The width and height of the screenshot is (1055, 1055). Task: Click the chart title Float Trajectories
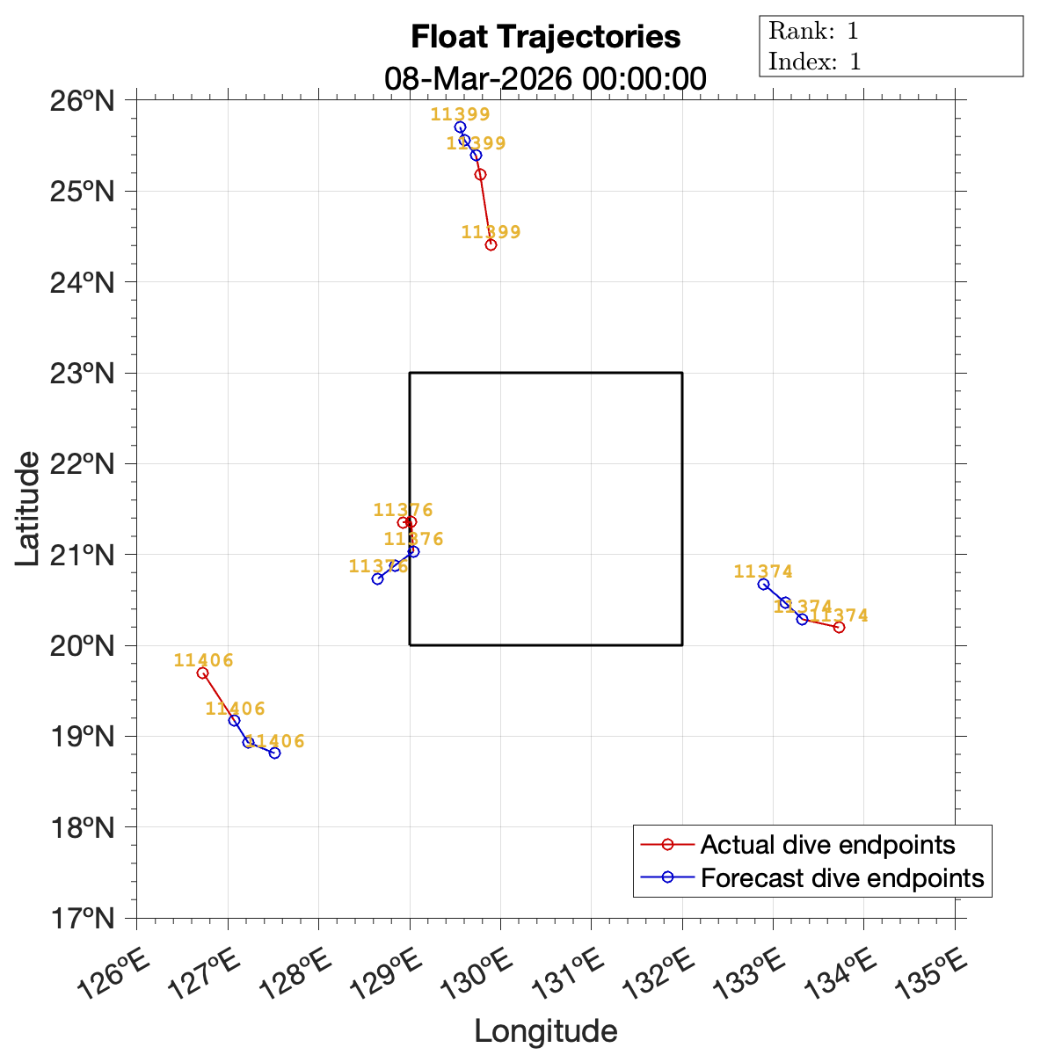coord(545,37)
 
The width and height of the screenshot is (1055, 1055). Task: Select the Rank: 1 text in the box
coord(813,32)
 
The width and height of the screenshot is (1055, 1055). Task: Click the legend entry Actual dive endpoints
coord(826,845)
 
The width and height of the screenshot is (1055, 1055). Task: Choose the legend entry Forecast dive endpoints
coord(841,878)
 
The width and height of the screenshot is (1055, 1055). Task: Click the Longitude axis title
coord(545,1030)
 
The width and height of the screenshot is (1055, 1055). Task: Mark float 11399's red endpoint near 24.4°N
coord(491,244)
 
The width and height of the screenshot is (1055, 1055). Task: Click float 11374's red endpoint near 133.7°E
coord(839,627)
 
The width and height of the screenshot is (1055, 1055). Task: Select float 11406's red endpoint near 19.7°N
coord(202,673)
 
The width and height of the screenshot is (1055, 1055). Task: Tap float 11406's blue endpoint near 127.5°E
coord(274,753)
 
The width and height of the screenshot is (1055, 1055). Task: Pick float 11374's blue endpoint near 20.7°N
coord(763,584)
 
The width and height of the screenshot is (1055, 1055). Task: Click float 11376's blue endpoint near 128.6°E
coord(377,578)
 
